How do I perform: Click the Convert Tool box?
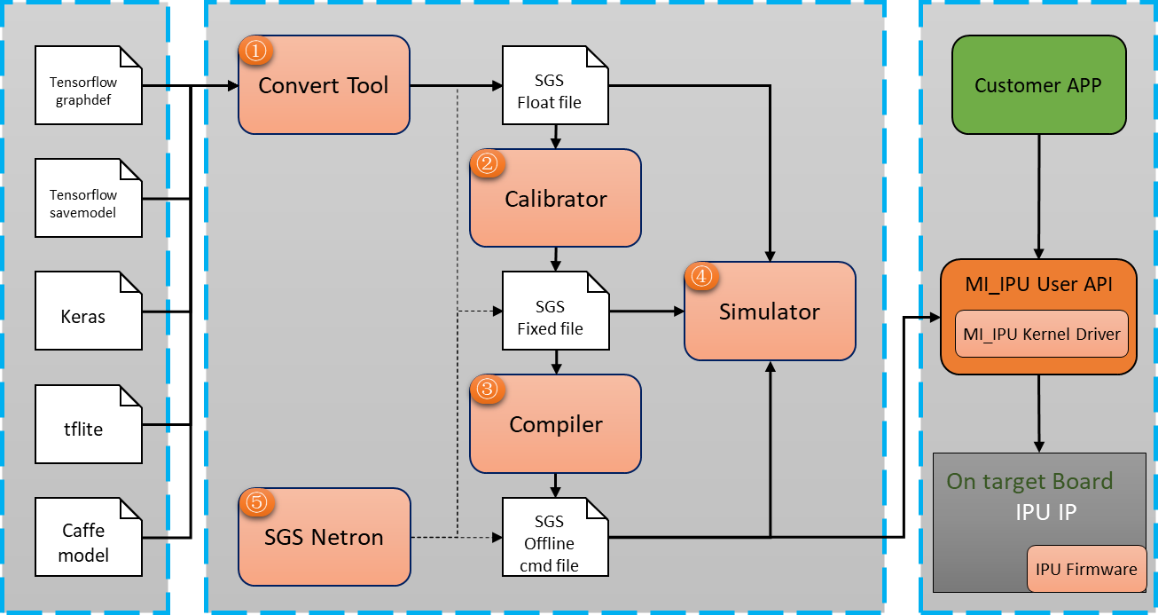click(x=324, y=86)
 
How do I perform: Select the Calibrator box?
click(x=555, y=199)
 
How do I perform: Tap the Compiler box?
click(x=555, y=424)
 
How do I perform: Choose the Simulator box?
click(x=770, y=311)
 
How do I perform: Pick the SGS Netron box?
click(x=324, y=537)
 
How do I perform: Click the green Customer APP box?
click(x=1038, y=85)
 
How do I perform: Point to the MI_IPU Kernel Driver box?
click(x=1042, y=334)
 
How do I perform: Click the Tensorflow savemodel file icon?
click(x=89, y=199)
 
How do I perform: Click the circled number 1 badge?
click(x=255, y=52)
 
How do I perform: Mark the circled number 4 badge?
click(x=700, y=277)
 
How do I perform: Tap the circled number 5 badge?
click(x=255, y=503)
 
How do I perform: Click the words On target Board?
click(x=1029, y=482)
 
